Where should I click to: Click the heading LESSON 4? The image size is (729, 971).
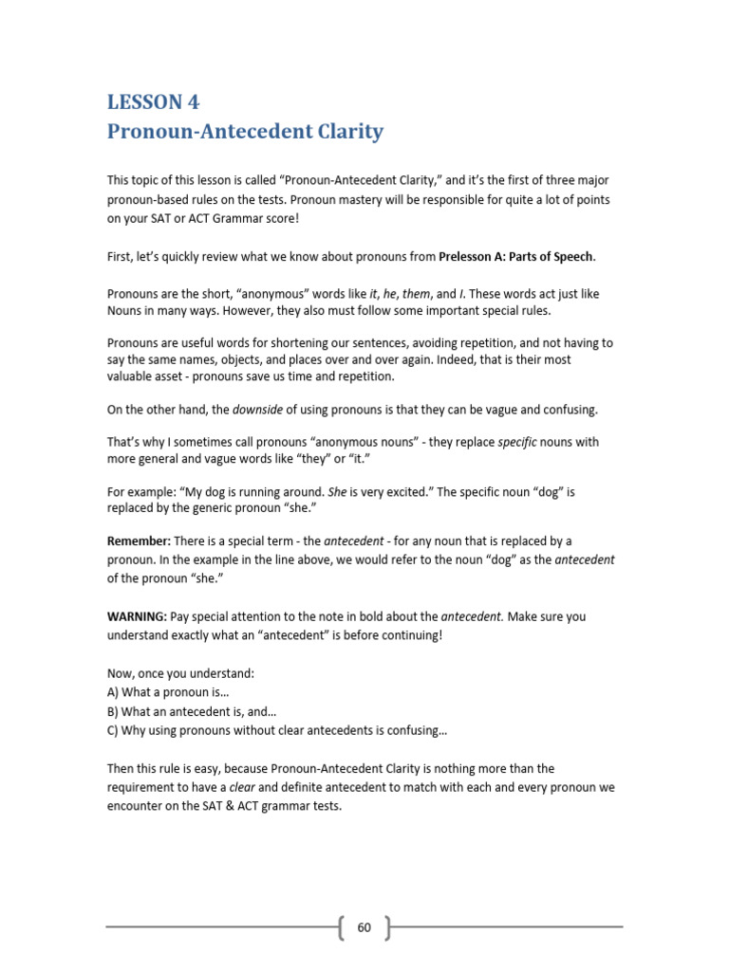[x=153, y=101]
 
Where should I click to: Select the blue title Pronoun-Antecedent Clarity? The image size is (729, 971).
[x=245, y=131]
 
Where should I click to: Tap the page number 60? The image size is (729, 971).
[x=364, y=927]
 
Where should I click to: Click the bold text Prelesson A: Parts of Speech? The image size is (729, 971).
[x=516, y=256]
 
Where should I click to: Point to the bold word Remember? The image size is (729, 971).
[x=139, y=540]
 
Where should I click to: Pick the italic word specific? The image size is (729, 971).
[x=519, y=442]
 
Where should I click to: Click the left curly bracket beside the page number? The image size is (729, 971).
[x=341, y=927]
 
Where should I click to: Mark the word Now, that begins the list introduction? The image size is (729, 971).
[x=121, y=673]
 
